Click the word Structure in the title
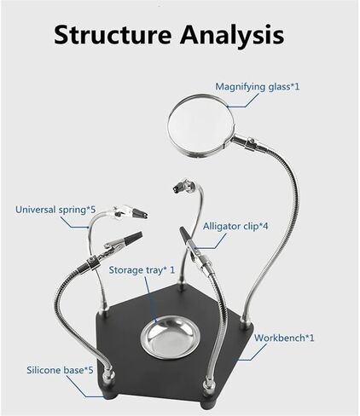pyautogui.click(x=113, y=35)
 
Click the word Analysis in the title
pyautogui.click(x=232, y=35)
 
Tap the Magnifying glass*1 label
pyautogui.click(x=258, y=86)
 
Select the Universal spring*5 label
pyautogui.click(x=55, y=210)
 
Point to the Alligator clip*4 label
pyautogui.click(x=235, y=227)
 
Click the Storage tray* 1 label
pyautogui.click(x=142, y=270)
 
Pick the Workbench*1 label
pyautogui.click(x=284, y=338)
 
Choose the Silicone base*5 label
pyautogui.click(x=60, y=370)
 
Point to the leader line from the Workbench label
pyautogui.click(x=249, y=352)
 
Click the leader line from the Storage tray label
pyautogui.click(x=151, y=299)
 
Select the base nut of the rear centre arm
pyautogui.click(x=181, y=286)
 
